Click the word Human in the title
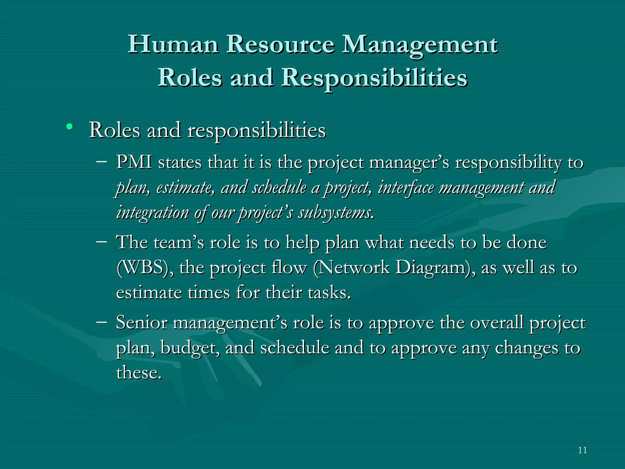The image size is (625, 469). pyautogui.click(x=173, y=45)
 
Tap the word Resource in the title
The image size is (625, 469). pyautogui.click(x=280, y=45)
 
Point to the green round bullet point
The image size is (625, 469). pyautogui.click(x=70, y=126)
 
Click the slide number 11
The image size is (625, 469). pyautogui.click(x=582, y=450)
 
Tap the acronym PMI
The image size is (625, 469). pyautogui.click(x=134, y=162)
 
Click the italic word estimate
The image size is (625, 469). pyautogui.click(x=185, y=187)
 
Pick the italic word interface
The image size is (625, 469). pyautogui.click(x=406, y=187)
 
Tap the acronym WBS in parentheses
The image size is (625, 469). pyautogui.click(x=145, y=268)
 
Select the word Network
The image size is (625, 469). pyautogui.click(x=354, y=268)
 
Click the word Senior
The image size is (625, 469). pyautogui.click(x=142, y=322)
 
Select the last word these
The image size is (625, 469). pyautogui.click(x=139, y=373)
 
